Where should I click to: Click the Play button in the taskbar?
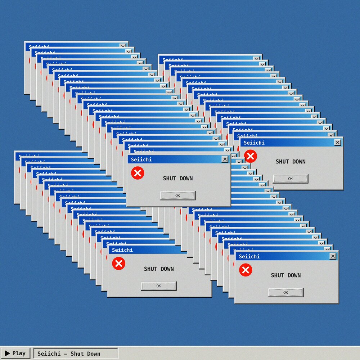(15, 354)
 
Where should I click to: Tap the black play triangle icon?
(8, 354)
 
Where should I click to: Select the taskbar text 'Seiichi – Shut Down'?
(69, 354)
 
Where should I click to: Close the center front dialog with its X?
(225, 159)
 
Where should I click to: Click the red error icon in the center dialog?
(138, 173)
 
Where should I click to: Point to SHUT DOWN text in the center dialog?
(178, 178)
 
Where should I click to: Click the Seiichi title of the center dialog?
(141, 159)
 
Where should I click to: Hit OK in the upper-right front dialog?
(290, 179)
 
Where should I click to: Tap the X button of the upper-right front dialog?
(337, 143)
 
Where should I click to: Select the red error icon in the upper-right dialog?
(250, 156)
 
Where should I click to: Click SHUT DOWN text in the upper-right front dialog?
(291, 162)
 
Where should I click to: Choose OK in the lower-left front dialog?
(159, 286)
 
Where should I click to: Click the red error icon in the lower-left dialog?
(118, 264)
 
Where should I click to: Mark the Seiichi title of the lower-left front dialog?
(122, 250)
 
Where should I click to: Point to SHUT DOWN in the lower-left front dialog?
(159, 269)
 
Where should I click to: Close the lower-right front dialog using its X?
(333, 256)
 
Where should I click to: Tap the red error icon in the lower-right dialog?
(246, 270)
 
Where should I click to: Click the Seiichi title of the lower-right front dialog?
(249, 256)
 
